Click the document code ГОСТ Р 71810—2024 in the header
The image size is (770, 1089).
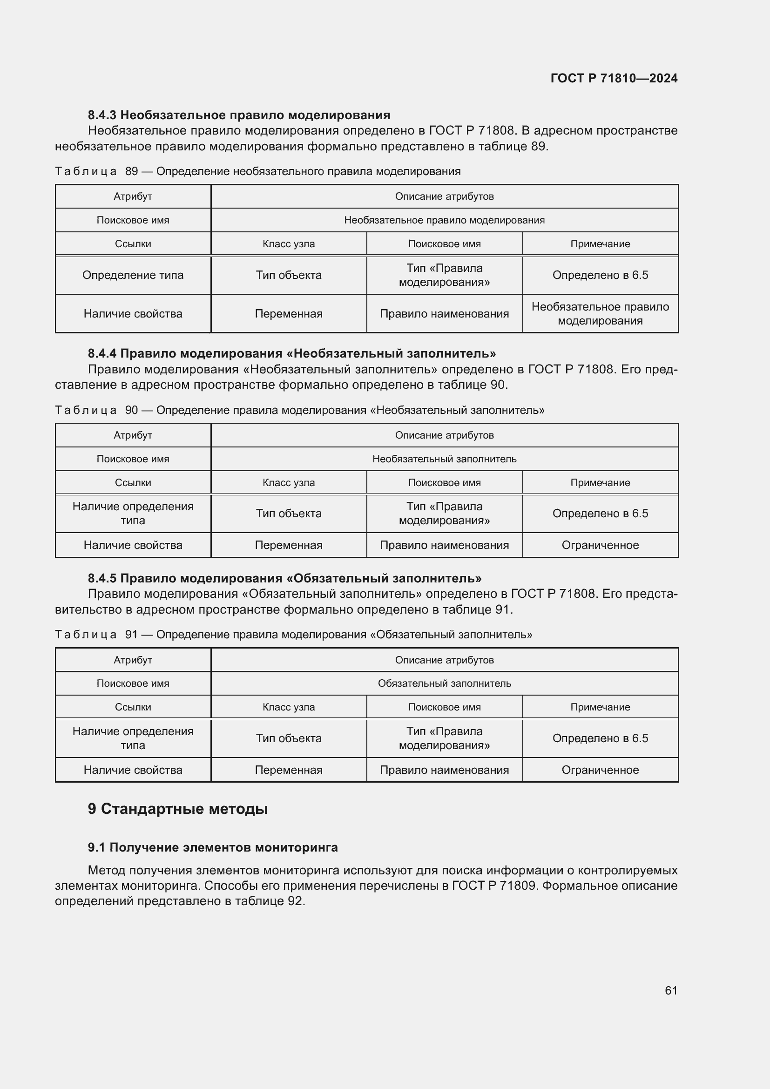614,78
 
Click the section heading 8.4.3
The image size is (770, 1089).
239,115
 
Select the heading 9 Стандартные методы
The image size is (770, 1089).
178,809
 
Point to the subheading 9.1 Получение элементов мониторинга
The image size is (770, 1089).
213,847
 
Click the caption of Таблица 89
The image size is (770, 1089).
257,171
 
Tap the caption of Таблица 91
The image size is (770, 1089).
293,635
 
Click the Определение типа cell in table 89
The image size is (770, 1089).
133,275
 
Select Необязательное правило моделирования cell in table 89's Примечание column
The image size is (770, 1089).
600,313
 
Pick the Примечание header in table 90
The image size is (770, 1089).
600,483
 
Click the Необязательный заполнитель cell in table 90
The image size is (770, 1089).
444,459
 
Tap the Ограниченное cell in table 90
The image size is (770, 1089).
600,545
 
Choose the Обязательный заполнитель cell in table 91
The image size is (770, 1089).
444,683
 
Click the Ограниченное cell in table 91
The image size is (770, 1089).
600,770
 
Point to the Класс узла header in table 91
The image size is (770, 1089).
288,707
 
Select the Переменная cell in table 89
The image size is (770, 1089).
288,313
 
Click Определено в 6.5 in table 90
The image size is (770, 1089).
600,514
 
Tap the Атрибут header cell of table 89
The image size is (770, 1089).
133,196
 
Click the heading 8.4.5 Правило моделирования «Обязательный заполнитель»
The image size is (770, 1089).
284,578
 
